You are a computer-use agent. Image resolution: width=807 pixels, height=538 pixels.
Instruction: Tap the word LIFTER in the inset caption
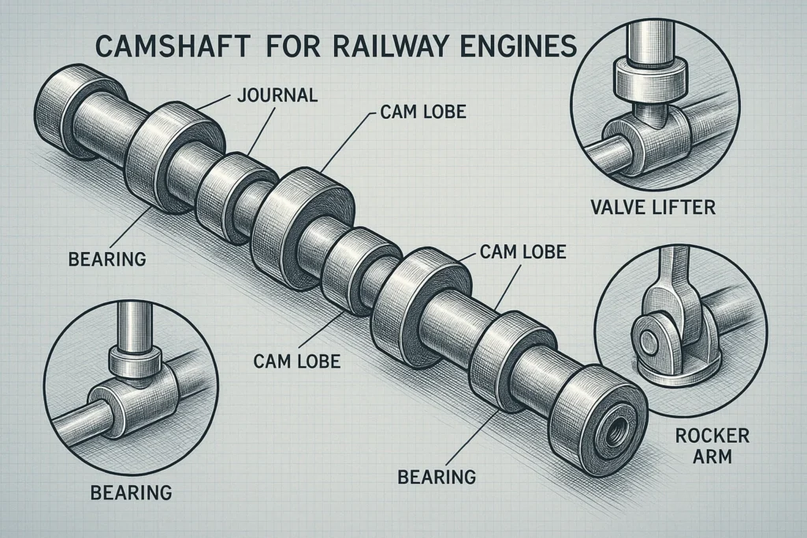click(x=689, y=209)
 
